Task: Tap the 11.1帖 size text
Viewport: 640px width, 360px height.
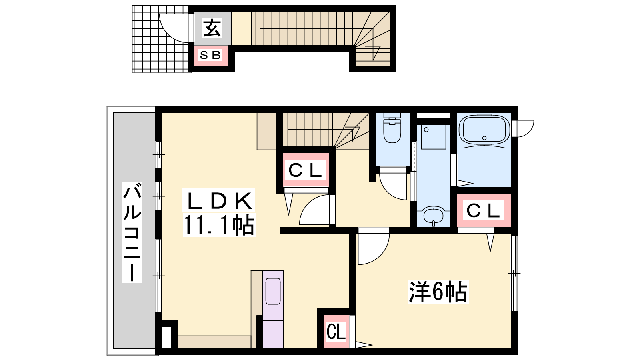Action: (x=218, y=225)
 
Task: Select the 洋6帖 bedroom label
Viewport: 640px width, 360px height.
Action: (x=438, y=292)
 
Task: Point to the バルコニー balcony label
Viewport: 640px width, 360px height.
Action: (x=132, y=232)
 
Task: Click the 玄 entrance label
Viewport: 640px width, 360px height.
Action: (x=212, y=28)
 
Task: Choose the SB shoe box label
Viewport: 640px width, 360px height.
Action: (x=211, y=55)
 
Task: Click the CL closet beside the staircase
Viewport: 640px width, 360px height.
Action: (x=306, y=170)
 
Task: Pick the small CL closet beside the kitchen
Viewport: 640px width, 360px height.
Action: (x=336, y=332)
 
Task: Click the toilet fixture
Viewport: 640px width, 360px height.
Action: (x=392, y=128)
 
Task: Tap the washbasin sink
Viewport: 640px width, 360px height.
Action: (x=434, y=216)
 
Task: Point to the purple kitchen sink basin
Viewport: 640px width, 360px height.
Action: (x=273, y=292)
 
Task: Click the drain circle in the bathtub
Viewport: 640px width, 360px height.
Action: (x=484, y=138)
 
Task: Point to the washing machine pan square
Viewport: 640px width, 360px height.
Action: (x=434, y=136)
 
